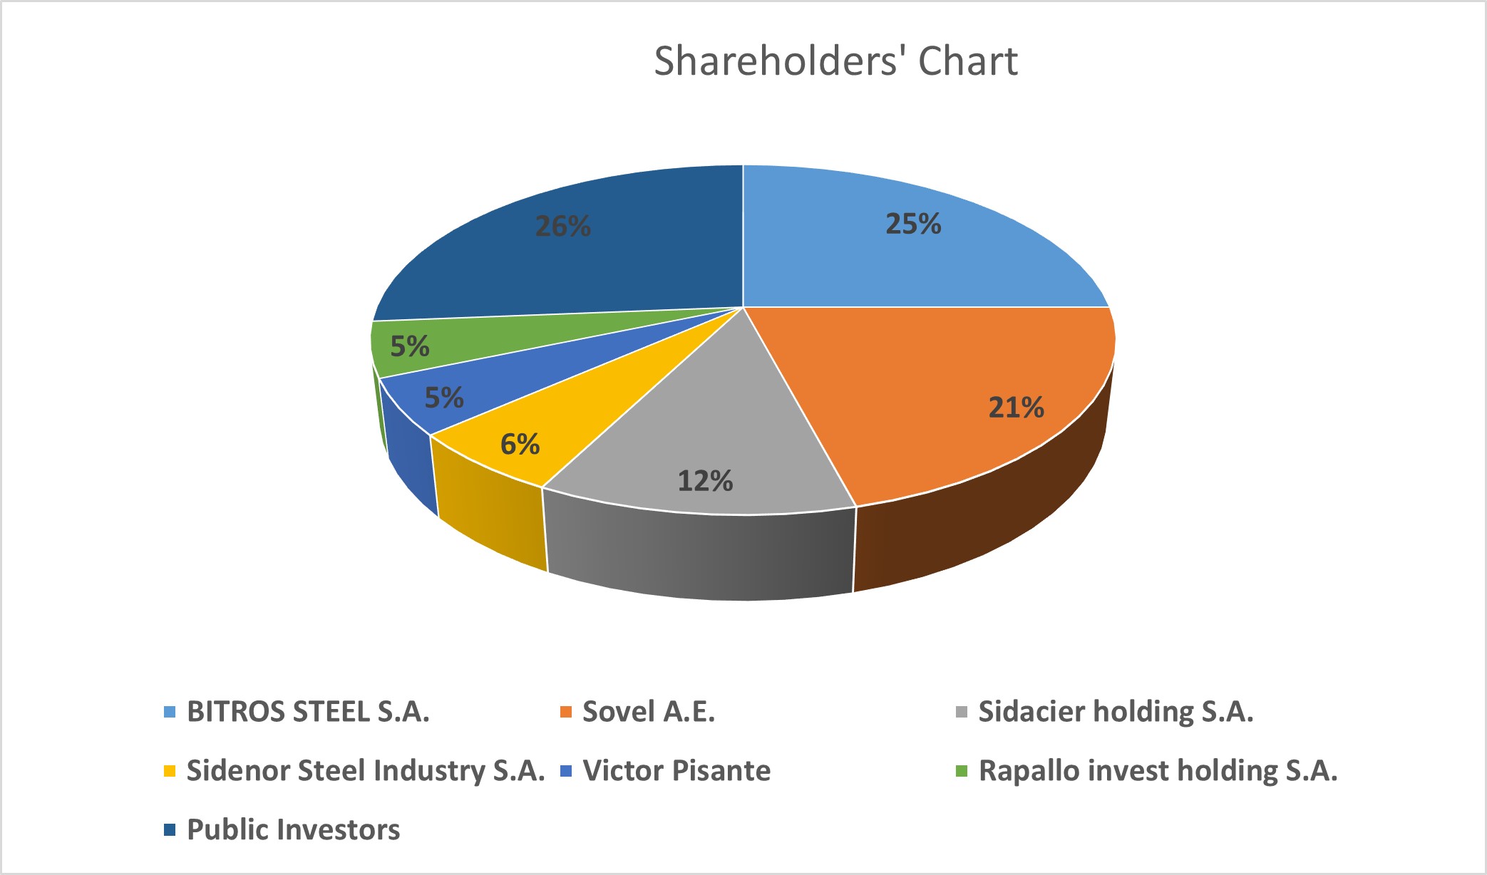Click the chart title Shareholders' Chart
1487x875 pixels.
pyautogui.click(x=835, y=61)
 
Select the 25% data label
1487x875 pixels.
pyautogui.click(x=913, y=224)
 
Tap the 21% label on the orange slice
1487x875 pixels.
pyautogui.click(x=1016, y=408)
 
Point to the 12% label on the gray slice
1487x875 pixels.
pyautogui.click(x=705, y=481)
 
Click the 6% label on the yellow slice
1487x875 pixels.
pyautogui.click(x=520, y=445)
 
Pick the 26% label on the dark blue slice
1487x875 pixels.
pyautogui.click(x=563, y=227)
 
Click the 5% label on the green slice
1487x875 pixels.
pyautogui.click(x=410, y=347)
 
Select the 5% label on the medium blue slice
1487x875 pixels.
pyautogui.click(x=444, y=398)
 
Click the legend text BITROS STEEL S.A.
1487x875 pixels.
pyautogui.click(x=308, y=712)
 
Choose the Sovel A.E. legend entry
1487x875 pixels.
pyautogui.click(x=649, y=712)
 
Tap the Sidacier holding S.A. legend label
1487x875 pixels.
pyautogui.click(x=1116, y=712)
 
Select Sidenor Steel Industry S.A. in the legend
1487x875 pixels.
pyautogui.click(x=366, y=771)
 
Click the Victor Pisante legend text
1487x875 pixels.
pyautogui.click(x=676, y=771)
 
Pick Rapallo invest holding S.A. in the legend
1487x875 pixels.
pyautogui.click(x=1158, y=771)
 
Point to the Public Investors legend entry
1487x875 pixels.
pyautogui.click(x=293, y=830)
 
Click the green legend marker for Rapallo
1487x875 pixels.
pyautogui.click(x=962, y=771)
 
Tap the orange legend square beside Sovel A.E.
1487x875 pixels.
pyautogui.click(x=566, y=712)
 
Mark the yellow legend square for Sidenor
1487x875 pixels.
pyautogui.click(x=170, y=771)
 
